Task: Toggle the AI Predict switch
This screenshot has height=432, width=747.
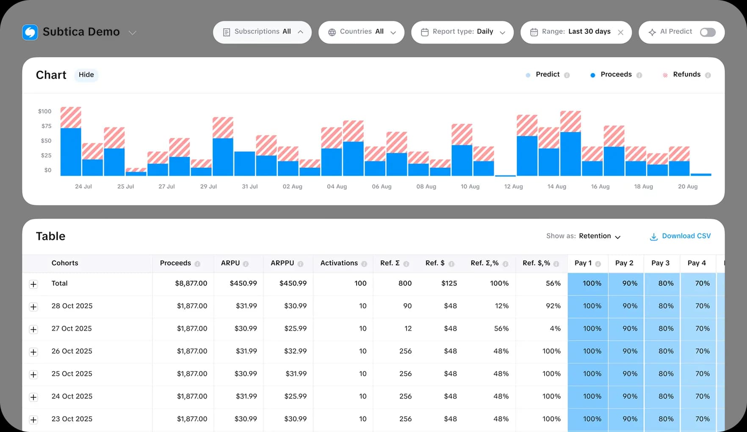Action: tap(708, 32)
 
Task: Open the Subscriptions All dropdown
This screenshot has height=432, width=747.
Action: tap(262, 32)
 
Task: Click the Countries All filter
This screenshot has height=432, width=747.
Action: tap(361, 32)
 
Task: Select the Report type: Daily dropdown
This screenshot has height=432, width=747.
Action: tap(462, 32)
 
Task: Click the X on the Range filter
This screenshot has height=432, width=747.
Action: tap(620, 33)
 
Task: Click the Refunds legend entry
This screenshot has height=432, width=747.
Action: tap(686, 75)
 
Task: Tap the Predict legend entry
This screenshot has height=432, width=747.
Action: tap(547, 75)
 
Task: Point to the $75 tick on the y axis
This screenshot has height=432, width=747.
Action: tap(46, 126)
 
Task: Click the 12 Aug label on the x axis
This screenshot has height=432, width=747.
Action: tap(513, 186)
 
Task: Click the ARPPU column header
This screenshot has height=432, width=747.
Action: tap(282, 263)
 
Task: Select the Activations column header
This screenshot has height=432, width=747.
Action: tap(339, 263)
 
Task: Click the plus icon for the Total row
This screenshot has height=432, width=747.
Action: tap(33, 284)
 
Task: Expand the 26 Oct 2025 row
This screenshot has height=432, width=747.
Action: tap(33, 352)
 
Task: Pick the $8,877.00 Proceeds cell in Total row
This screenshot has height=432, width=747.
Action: tap(191, 283)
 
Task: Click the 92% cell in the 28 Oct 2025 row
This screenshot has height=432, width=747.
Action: tap(553, 306)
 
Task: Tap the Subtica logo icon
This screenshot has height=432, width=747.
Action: tap(30, 32)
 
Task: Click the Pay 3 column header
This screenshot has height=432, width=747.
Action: tap(660, 263)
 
